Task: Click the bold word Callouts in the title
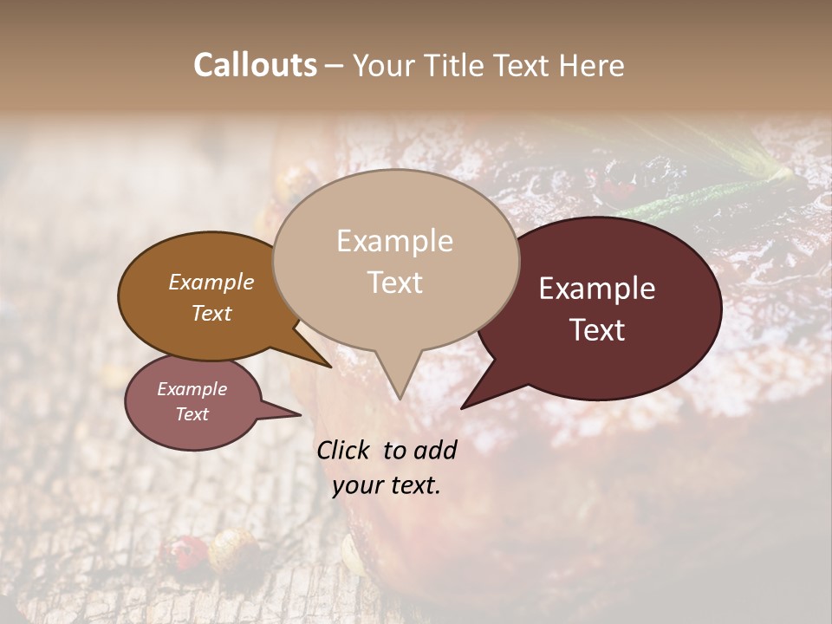[x=255, y=65]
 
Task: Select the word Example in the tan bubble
[x=394, y=241]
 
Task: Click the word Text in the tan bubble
[x=394, y=283]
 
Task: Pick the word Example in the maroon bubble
[x=597, y=289]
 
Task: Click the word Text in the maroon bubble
[x=597, y=330]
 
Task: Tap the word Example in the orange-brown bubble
[x=211, y=282]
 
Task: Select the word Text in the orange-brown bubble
[x=211, y=313]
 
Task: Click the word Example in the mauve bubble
[x=192, y=389]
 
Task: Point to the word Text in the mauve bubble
[x=192, y=414]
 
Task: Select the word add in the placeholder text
[x=436, y=450]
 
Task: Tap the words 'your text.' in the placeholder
[x=386, y=485]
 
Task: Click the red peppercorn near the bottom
[x=190, y=548]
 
